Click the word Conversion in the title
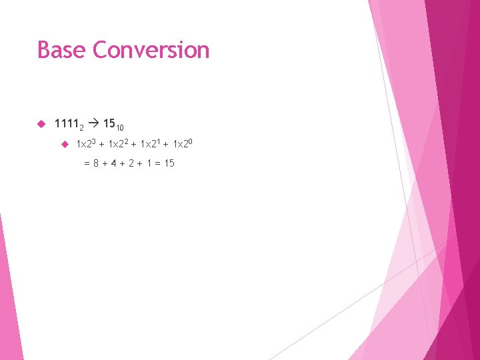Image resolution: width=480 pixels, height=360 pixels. point(151,50)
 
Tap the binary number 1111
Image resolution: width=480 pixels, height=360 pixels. point(66,123)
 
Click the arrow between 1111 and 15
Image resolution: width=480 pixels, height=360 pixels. point(93,123)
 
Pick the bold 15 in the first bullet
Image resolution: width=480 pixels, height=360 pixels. point(109,123)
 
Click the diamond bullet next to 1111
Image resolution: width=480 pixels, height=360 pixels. point(41,124)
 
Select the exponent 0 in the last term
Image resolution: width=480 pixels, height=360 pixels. point(191,141)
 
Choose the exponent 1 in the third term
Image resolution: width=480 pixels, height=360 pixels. point(159,141)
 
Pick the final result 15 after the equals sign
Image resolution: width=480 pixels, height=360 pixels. point(169,163)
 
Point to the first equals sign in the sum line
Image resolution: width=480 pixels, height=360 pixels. point(87,163)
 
